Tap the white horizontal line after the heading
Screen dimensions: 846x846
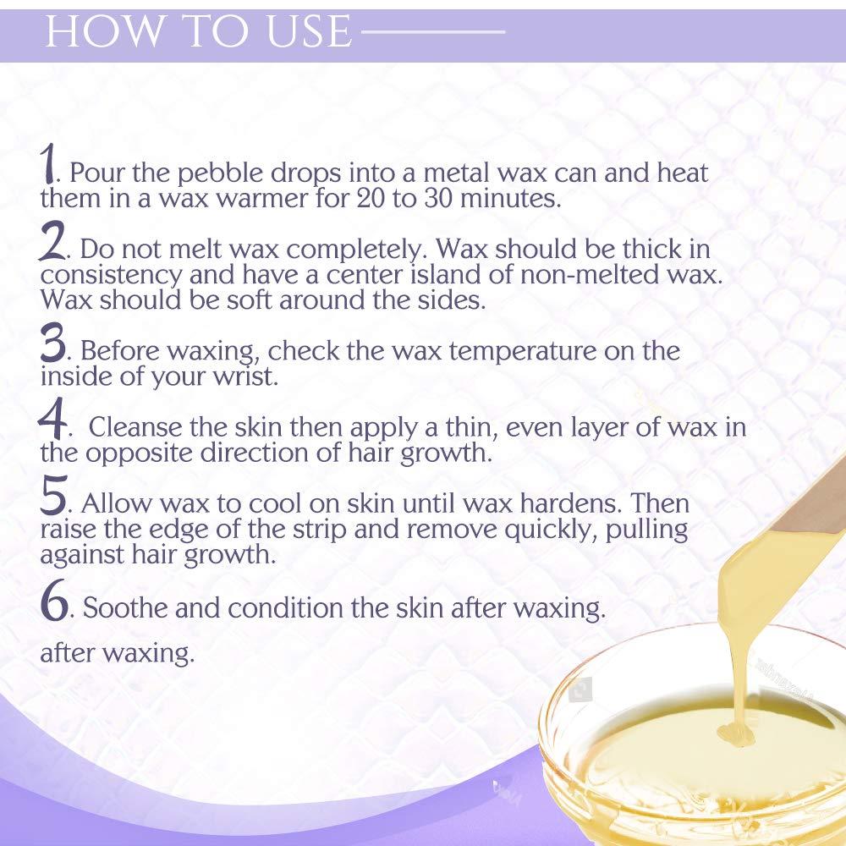431,33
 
